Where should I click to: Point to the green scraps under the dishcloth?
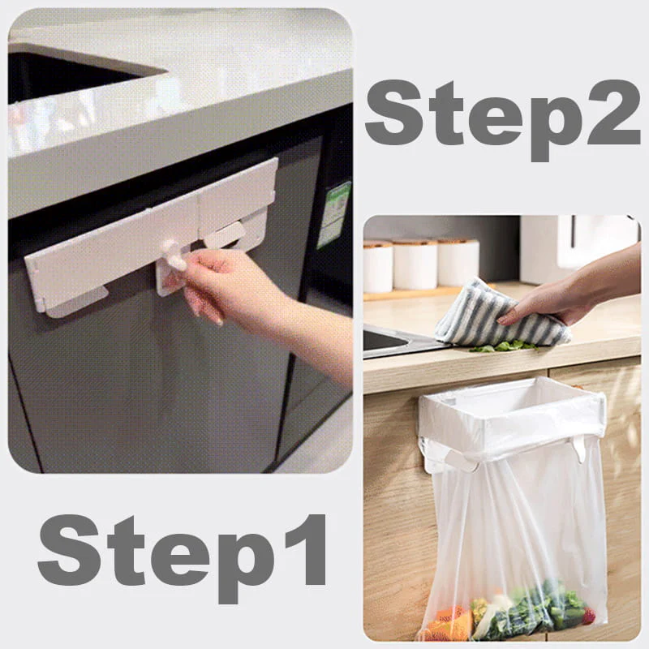click(503, 346)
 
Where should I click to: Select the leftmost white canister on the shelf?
click(378, 266)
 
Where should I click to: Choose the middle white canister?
click(415, 264)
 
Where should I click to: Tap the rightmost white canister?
click(458, 261)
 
